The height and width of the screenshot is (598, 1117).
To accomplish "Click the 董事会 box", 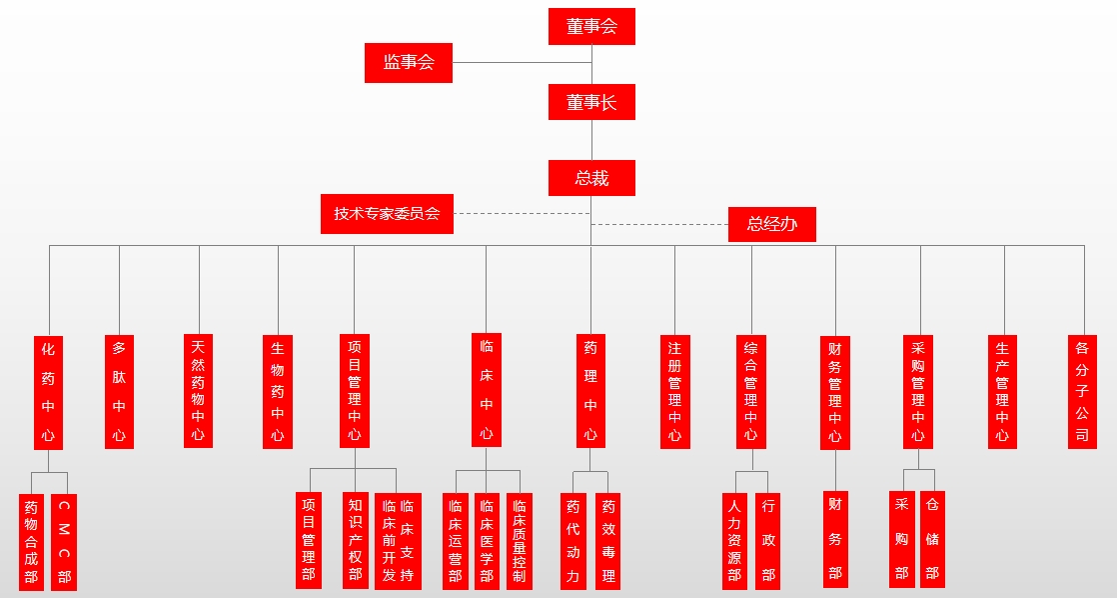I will (591, 26).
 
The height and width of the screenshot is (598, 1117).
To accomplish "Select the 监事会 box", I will (408, 62).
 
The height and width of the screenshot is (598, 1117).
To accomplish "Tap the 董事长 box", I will (591, 102).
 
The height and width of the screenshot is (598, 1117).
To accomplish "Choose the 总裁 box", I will (591, 178).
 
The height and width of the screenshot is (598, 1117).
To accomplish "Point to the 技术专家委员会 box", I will (387, 213).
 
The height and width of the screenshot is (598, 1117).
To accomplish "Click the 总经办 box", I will (772, 224).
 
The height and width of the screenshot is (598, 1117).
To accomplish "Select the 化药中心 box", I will (48, 392).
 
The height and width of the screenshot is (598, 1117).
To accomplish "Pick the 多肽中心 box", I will (119, 392).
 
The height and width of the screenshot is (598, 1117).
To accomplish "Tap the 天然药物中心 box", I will (198, 390).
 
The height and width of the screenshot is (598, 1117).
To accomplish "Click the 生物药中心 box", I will (278, 392).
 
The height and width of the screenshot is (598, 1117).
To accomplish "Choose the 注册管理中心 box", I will (675, 392).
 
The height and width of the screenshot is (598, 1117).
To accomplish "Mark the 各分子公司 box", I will (1082, 392).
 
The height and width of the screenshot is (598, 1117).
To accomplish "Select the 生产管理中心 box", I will (1002, 392).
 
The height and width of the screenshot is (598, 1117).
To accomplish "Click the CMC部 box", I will (64, 541).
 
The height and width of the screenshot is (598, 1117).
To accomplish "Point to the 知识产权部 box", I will (355, 540).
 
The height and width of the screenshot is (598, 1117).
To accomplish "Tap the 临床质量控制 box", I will (519, 540).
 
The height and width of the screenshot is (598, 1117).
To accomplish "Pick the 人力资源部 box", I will (734, 540).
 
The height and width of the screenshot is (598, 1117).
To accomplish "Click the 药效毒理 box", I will (607, 540).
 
